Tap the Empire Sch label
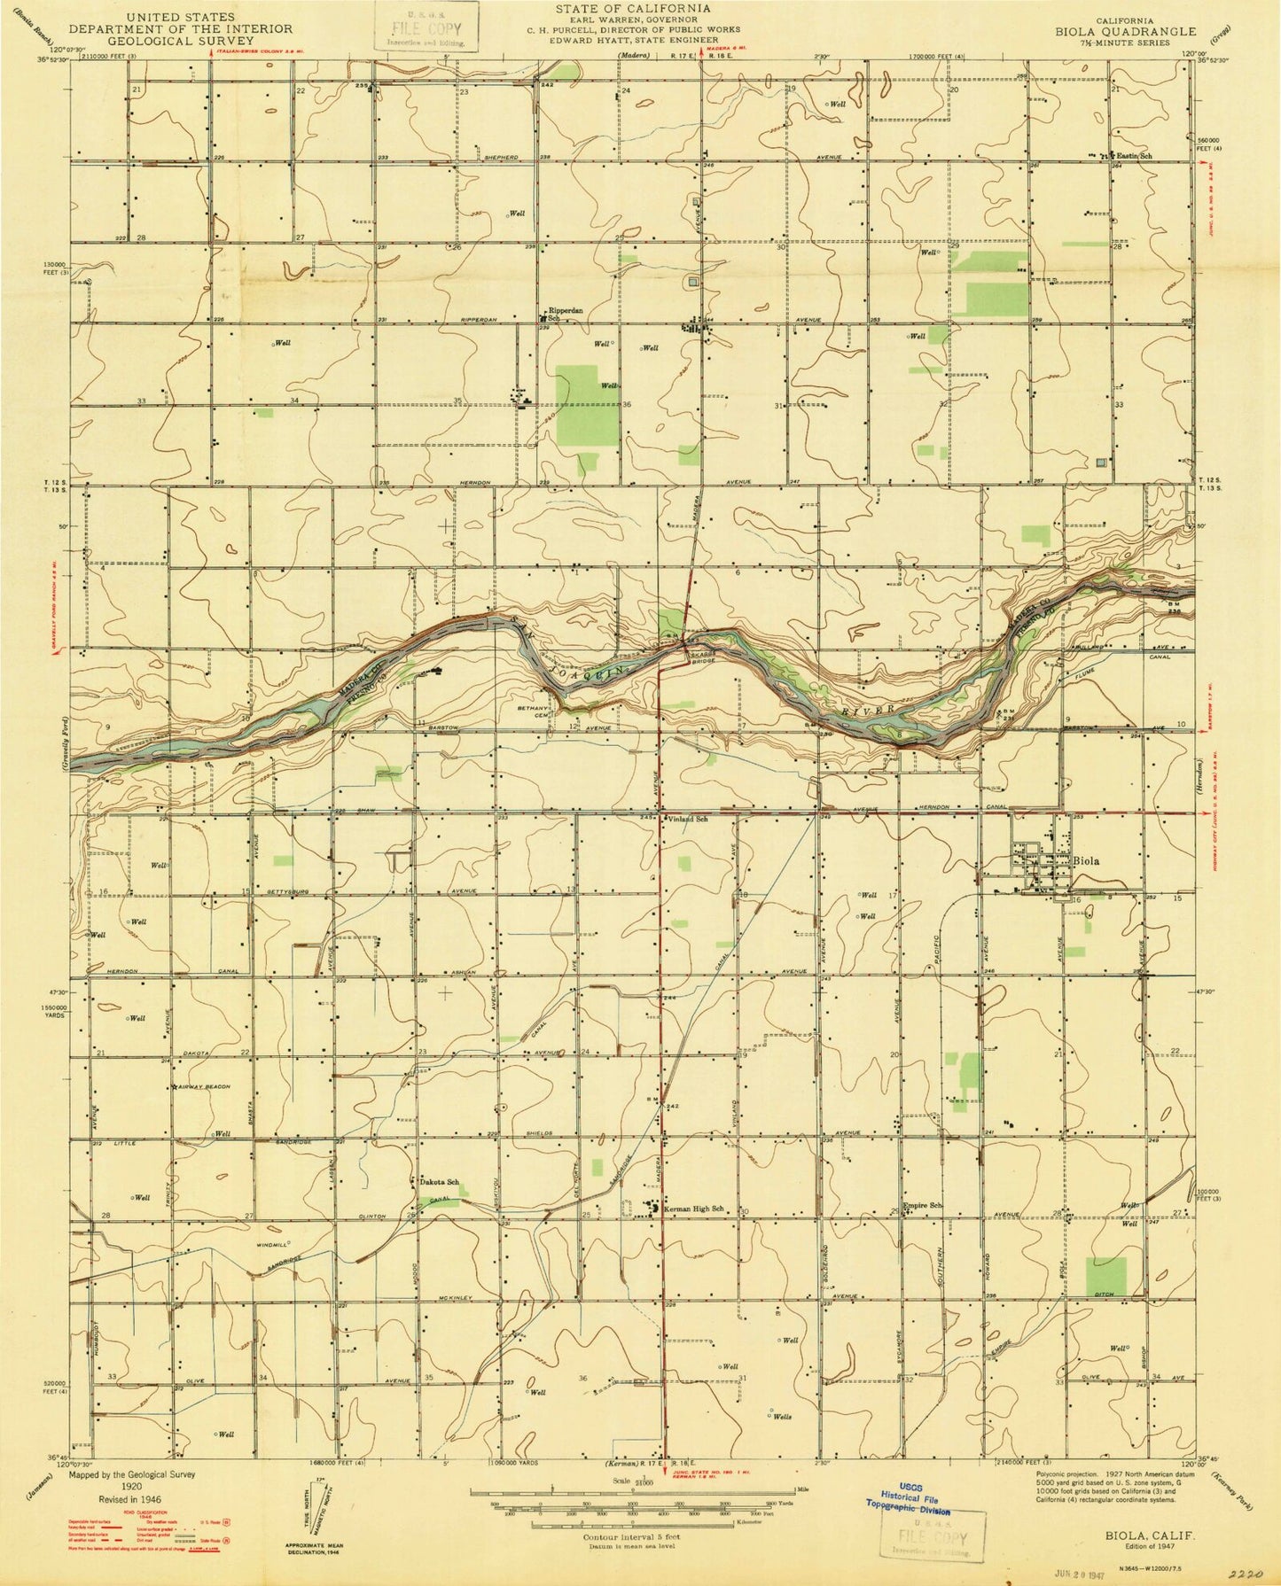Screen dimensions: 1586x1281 [x=921, y=1205]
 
